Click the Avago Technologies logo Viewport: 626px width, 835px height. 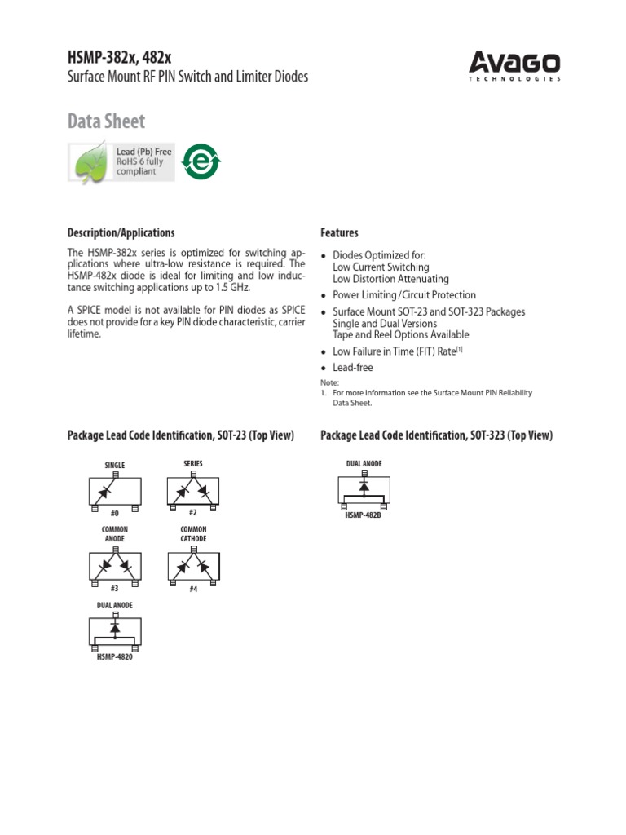click(514, 66)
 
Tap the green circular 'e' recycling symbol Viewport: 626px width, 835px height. click(201, 161)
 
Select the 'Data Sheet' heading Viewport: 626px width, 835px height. click(106, 121)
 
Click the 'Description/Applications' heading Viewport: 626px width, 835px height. click(121, 232)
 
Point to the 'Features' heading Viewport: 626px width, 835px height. click(340, 232)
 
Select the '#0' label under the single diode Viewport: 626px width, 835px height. click(115, 513)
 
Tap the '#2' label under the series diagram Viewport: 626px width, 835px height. click(193, 513)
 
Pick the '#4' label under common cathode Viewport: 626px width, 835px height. click(193, 589)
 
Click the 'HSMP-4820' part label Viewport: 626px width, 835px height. click(115, 656)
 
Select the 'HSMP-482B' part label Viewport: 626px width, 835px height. click(364, 516)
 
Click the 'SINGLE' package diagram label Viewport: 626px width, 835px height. click(115, 464)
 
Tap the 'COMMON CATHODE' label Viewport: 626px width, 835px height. click(193, 534)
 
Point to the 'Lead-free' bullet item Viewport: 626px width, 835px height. click(353, 368)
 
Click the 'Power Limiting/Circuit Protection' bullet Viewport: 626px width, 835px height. click(404, 295)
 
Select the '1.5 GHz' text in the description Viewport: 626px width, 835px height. click(231, 289)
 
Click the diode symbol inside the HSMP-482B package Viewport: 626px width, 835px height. click(364, 487)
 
